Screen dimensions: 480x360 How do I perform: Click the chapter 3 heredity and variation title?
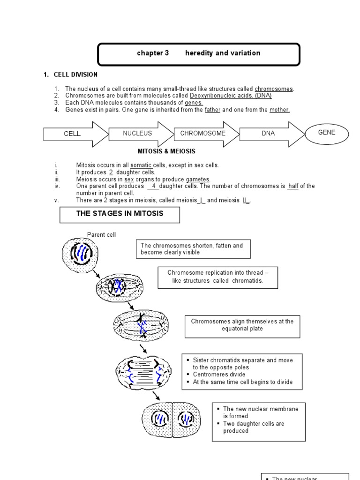coord(198,53)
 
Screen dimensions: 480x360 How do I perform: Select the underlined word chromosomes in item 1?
coord(274,89)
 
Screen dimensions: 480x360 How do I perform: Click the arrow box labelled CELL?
coord(73,134)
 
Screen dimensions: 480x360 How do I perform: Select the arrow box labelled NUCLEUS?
coord(138,134)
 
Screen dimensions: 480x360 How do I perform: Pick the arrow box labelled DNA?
coord(269,134)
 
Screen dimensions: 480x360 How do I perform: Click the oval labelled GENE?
coord(327,133)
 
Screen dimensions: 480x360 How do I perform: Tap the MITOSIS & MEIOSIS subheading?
coord(166,151)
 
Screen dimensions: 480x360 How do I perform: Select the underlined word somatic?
coord(141,165)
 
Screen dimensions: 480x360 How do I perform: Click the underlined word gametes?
coord(198,179)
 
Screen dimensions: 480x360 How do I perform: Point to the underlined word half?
coord(293,186)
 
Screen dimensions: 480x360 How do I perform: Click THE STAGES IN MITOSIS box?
coord(120,215)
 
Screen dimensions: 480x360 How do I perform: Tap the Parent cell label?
coord(101,234)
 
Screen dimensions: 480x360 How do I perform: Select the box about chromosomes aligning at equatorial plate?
coord(242,325)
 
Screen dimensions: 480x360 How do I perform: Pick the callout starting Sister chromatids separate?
coord(242,371)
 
